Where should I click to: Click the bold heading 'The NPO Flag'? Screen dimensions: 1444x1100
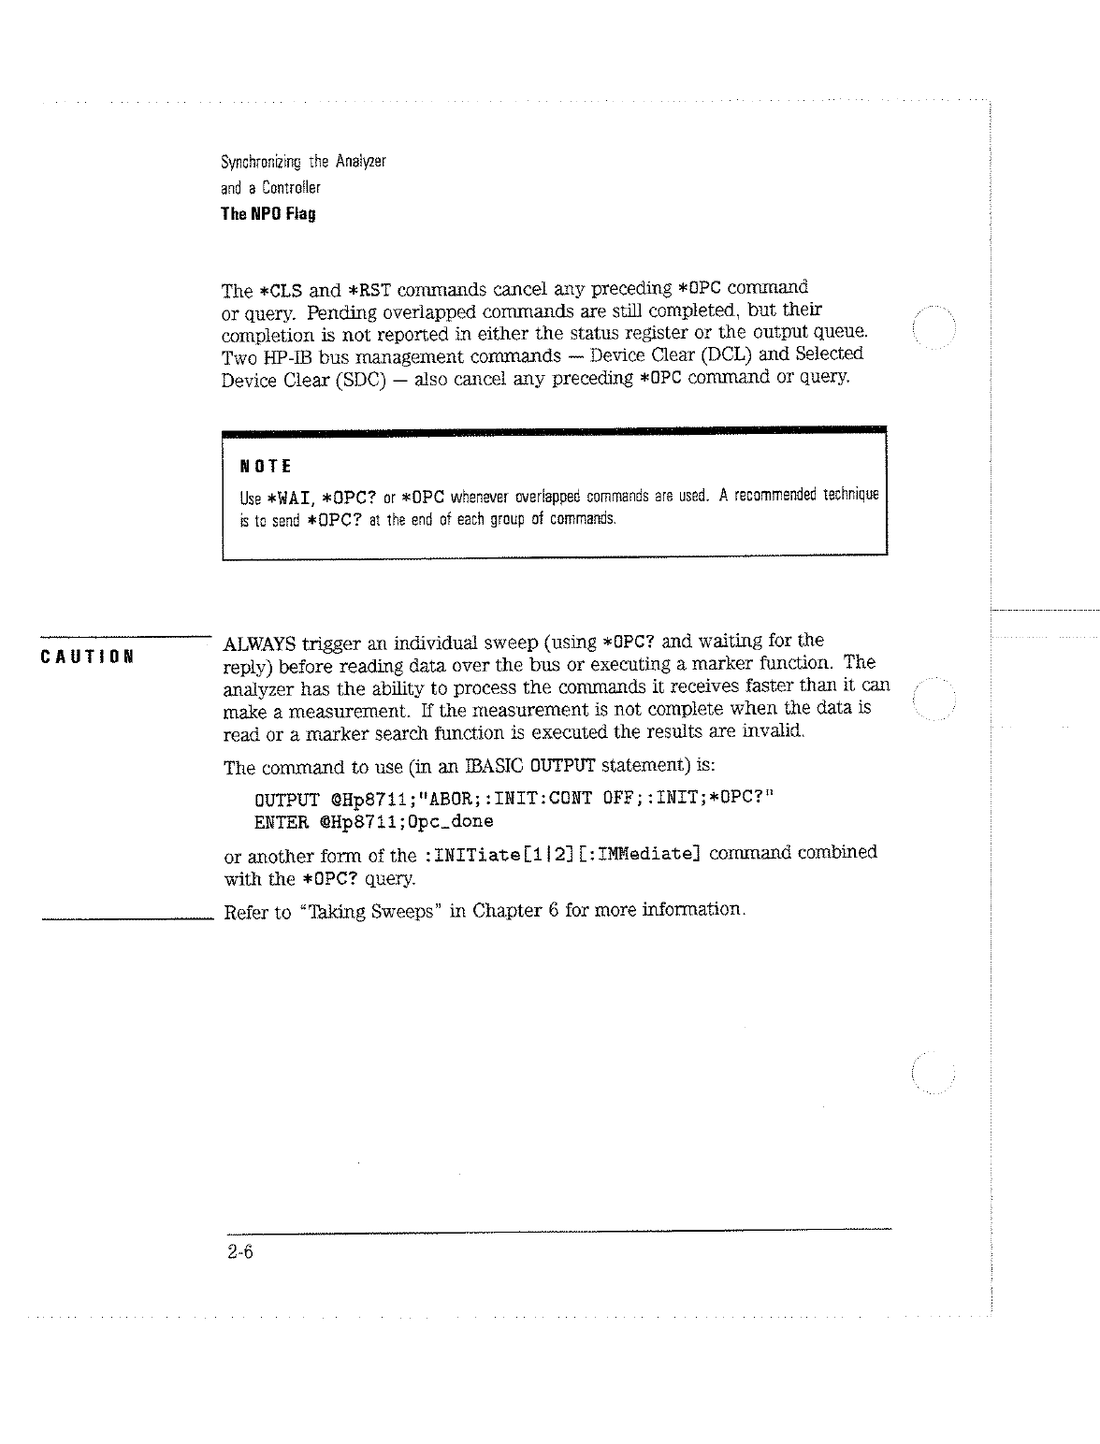click(268, 213)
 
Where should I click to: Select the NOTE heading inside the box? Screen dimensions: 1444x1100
click(266, 466)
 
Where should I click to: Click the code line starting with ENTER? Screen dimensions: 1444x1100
click(373, 822)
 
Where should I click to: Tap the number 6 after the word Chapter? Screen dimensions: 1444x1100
click(555, 910)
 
